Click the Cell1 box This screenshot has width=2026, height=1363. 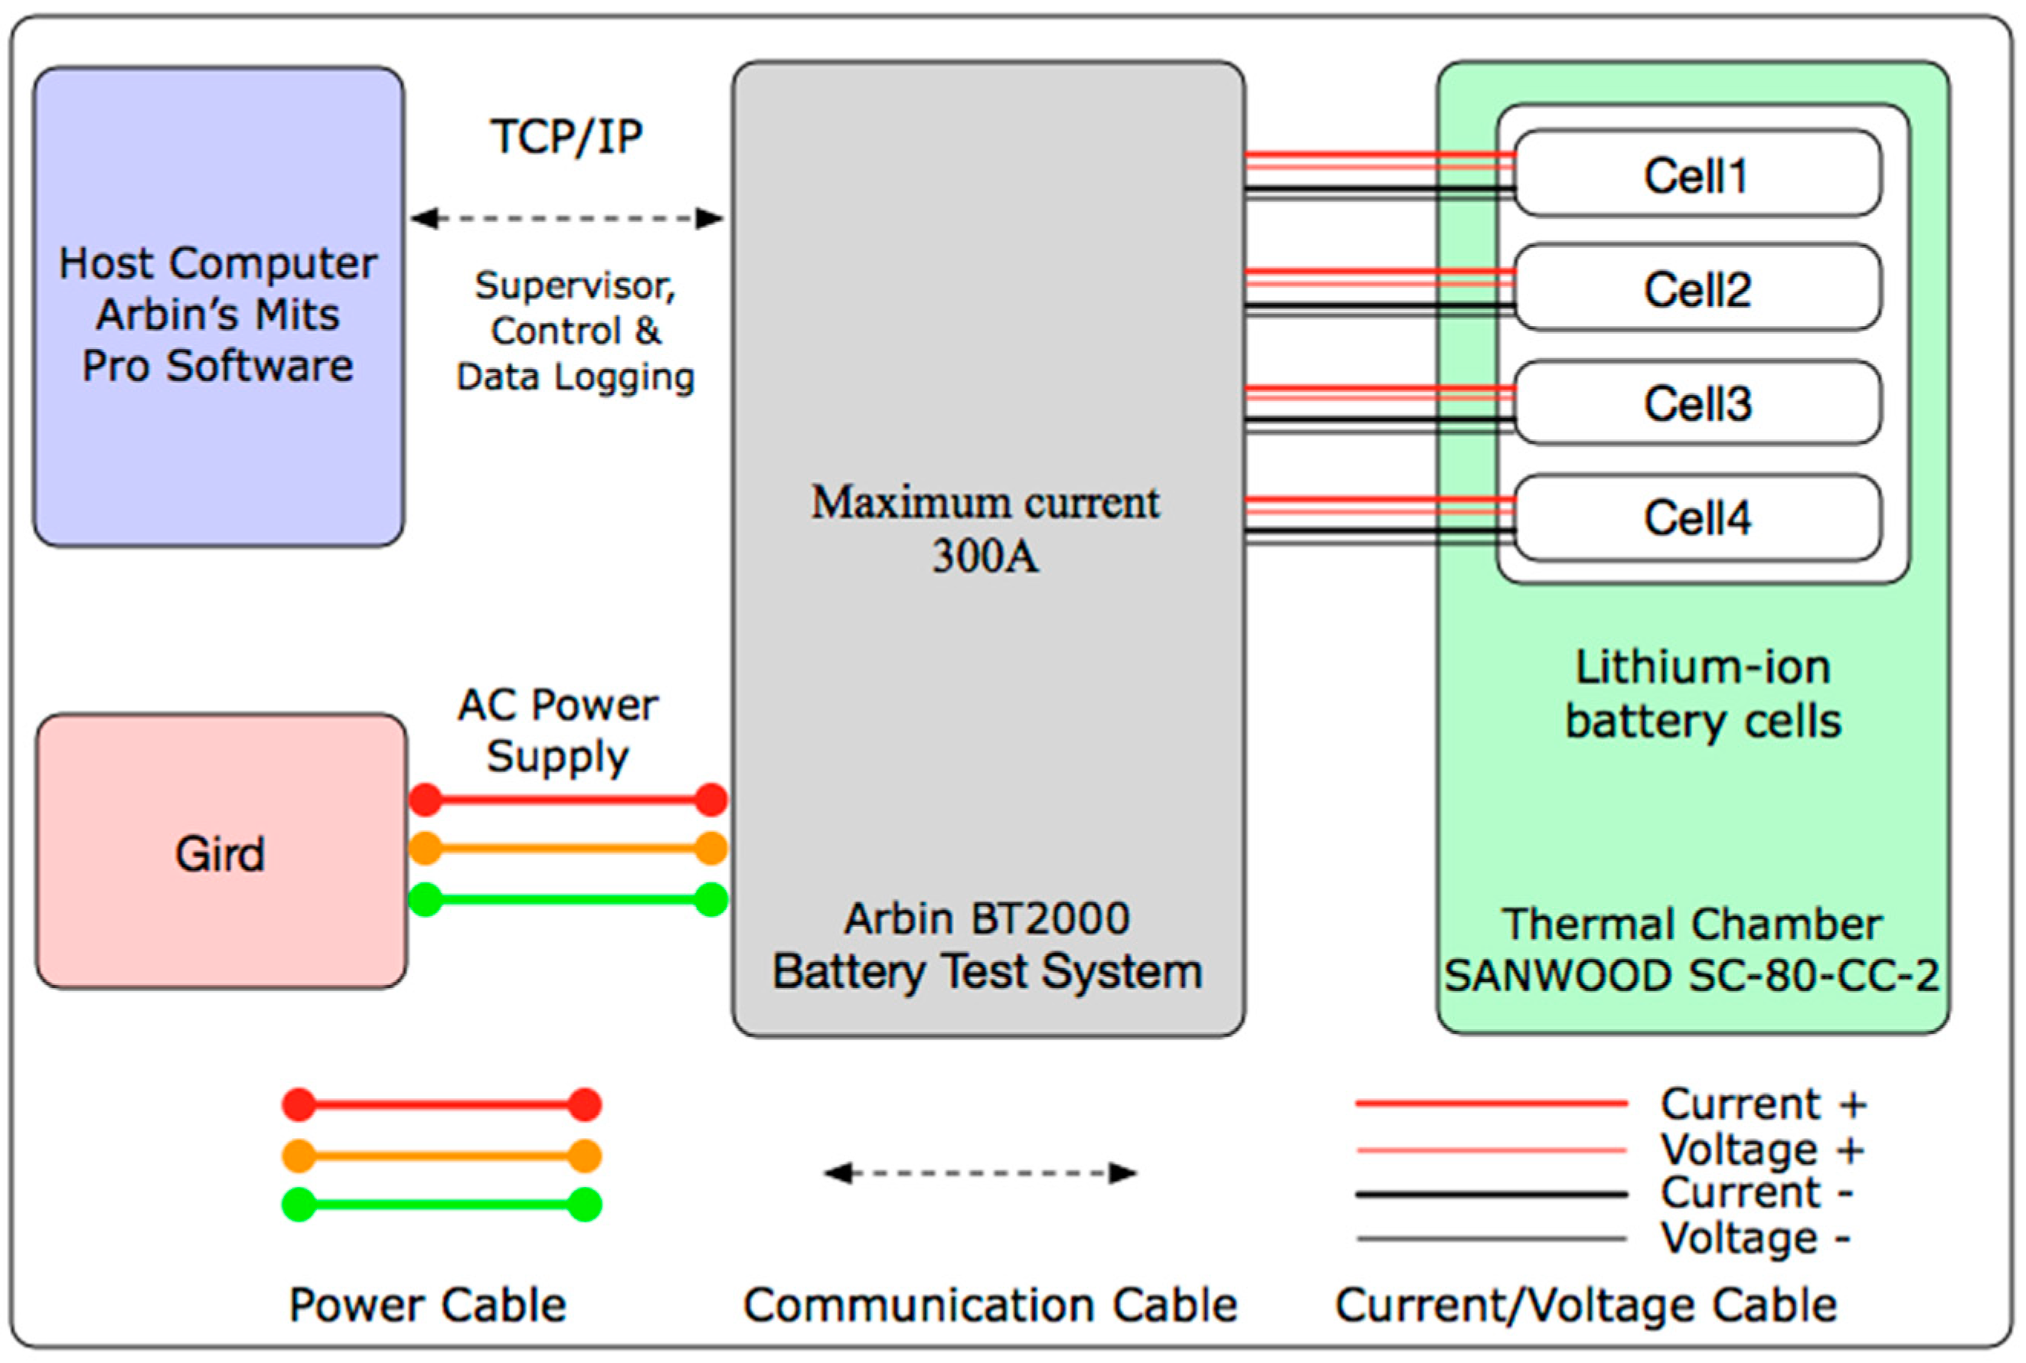pos(1698,173)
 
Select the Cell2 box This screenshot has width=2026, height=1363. pos(1698,288)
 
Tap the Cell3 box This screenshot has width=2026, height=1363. pos(1698,403)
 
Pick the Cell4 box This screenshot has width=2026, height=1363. pos(1698,517)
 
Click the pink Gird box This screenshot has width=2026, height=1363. pos(221,852)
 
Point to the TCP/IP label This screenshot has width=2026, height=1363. pos(567,136)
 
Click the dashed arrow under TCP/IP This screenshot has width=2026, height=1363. pos(567,218)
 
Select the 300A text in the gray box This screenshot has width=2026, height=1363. pos(985,556)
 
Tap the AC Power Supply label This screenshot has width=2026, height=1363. pos(557,730)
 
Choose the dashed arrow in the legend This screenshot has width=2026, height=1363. pos(980,1173)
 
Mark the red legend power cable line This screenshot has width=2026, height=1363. pos(442,1105)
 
